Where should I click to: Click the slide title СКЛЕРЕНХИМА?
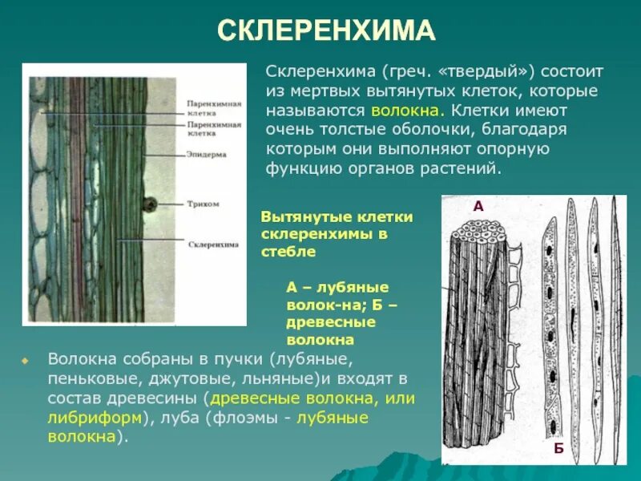tap(327, 31)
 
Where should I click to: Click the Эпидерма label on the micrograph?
tap(207, 154)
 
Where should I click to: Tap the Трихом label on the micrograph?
tap(204, 204)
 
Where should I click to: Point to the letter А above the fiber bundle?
tap(478, 206)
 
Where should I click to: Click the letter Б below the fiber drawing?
tap(558, 448)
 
